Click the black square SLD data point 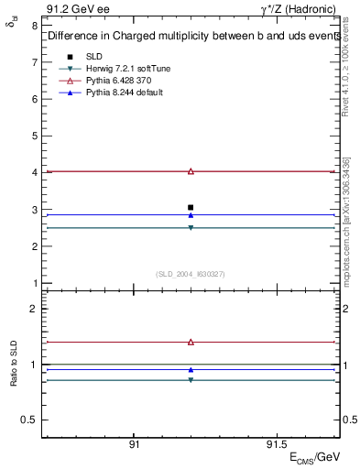[x=191, y=207]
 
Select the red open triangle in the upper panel [x=191, y=171]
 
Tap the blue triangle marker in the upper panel [x=191, y=215]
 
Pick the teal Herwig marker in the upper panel [x=191, y=228]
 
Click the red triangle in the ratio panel [x=191, y=342]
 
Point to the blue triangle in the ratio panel [x=191, y=370]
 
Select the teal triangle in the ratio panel [x=191, y=379]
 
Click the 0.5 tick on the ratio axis [x=27, y=420]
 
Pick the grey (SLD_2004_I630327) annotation [x=191, y=273]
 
